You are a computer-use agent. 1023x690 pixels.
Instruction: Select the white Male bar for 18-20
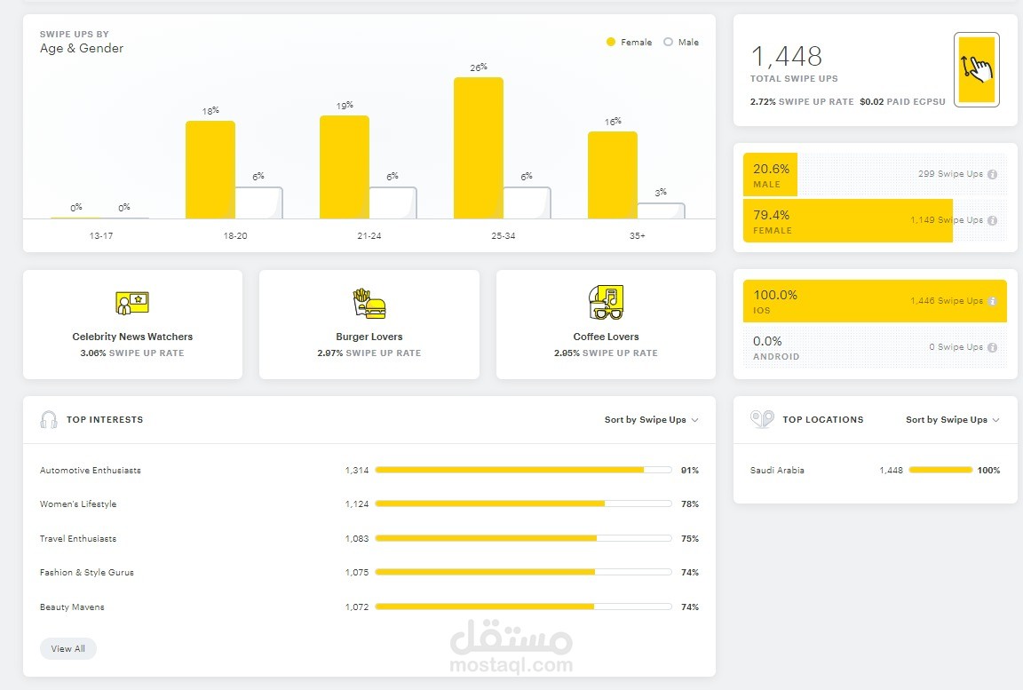click(x=258, y=202)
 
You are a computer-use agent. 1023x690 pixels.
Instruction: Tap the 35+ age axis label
click(x=637, y=236)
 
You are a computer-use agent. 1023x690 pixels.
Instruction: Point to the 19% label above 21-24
click(x=345, y=105)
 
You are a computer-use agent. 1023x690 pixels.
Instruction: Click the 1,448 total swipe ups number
click(x=786, y=57)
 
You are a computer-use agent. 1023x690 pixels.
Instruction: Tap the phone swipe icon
click(x=976, y=69)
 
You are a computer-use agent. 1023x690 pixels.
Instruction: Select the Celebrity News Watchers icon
click(x=132, y=303)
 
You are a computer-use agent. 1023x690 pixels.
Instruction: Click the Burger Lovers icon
click(x=369, y=303)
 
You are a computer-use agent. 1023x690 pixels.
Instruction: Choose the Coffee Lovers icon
click(x=606, y=302)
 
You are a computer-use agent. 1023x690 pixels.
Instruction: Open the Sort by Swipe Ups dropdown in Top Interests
click(x=651, y=420)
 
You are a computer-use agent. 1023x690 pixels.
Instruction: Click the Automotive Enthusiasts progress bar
click(x=523, y=470)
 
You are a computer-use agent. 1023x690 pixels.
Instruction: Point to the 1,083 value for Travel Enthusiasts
click(x=356, y=539)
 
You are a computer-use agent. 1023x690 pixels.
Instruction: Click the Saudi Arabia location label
click(x=777, y=471)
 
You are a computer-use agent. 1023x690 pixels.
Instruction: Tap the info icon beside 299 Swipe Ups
click(x=992, y=174)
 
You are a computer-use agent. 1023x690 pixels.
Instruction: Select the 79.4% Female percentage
click(x=771, y=215)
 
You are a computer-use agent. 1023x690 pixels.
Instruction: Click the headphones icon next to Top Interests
click(x=49, y=420)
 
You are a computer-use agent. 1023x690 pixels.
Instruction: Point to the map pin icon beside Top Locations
click(x=761, y=419)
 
